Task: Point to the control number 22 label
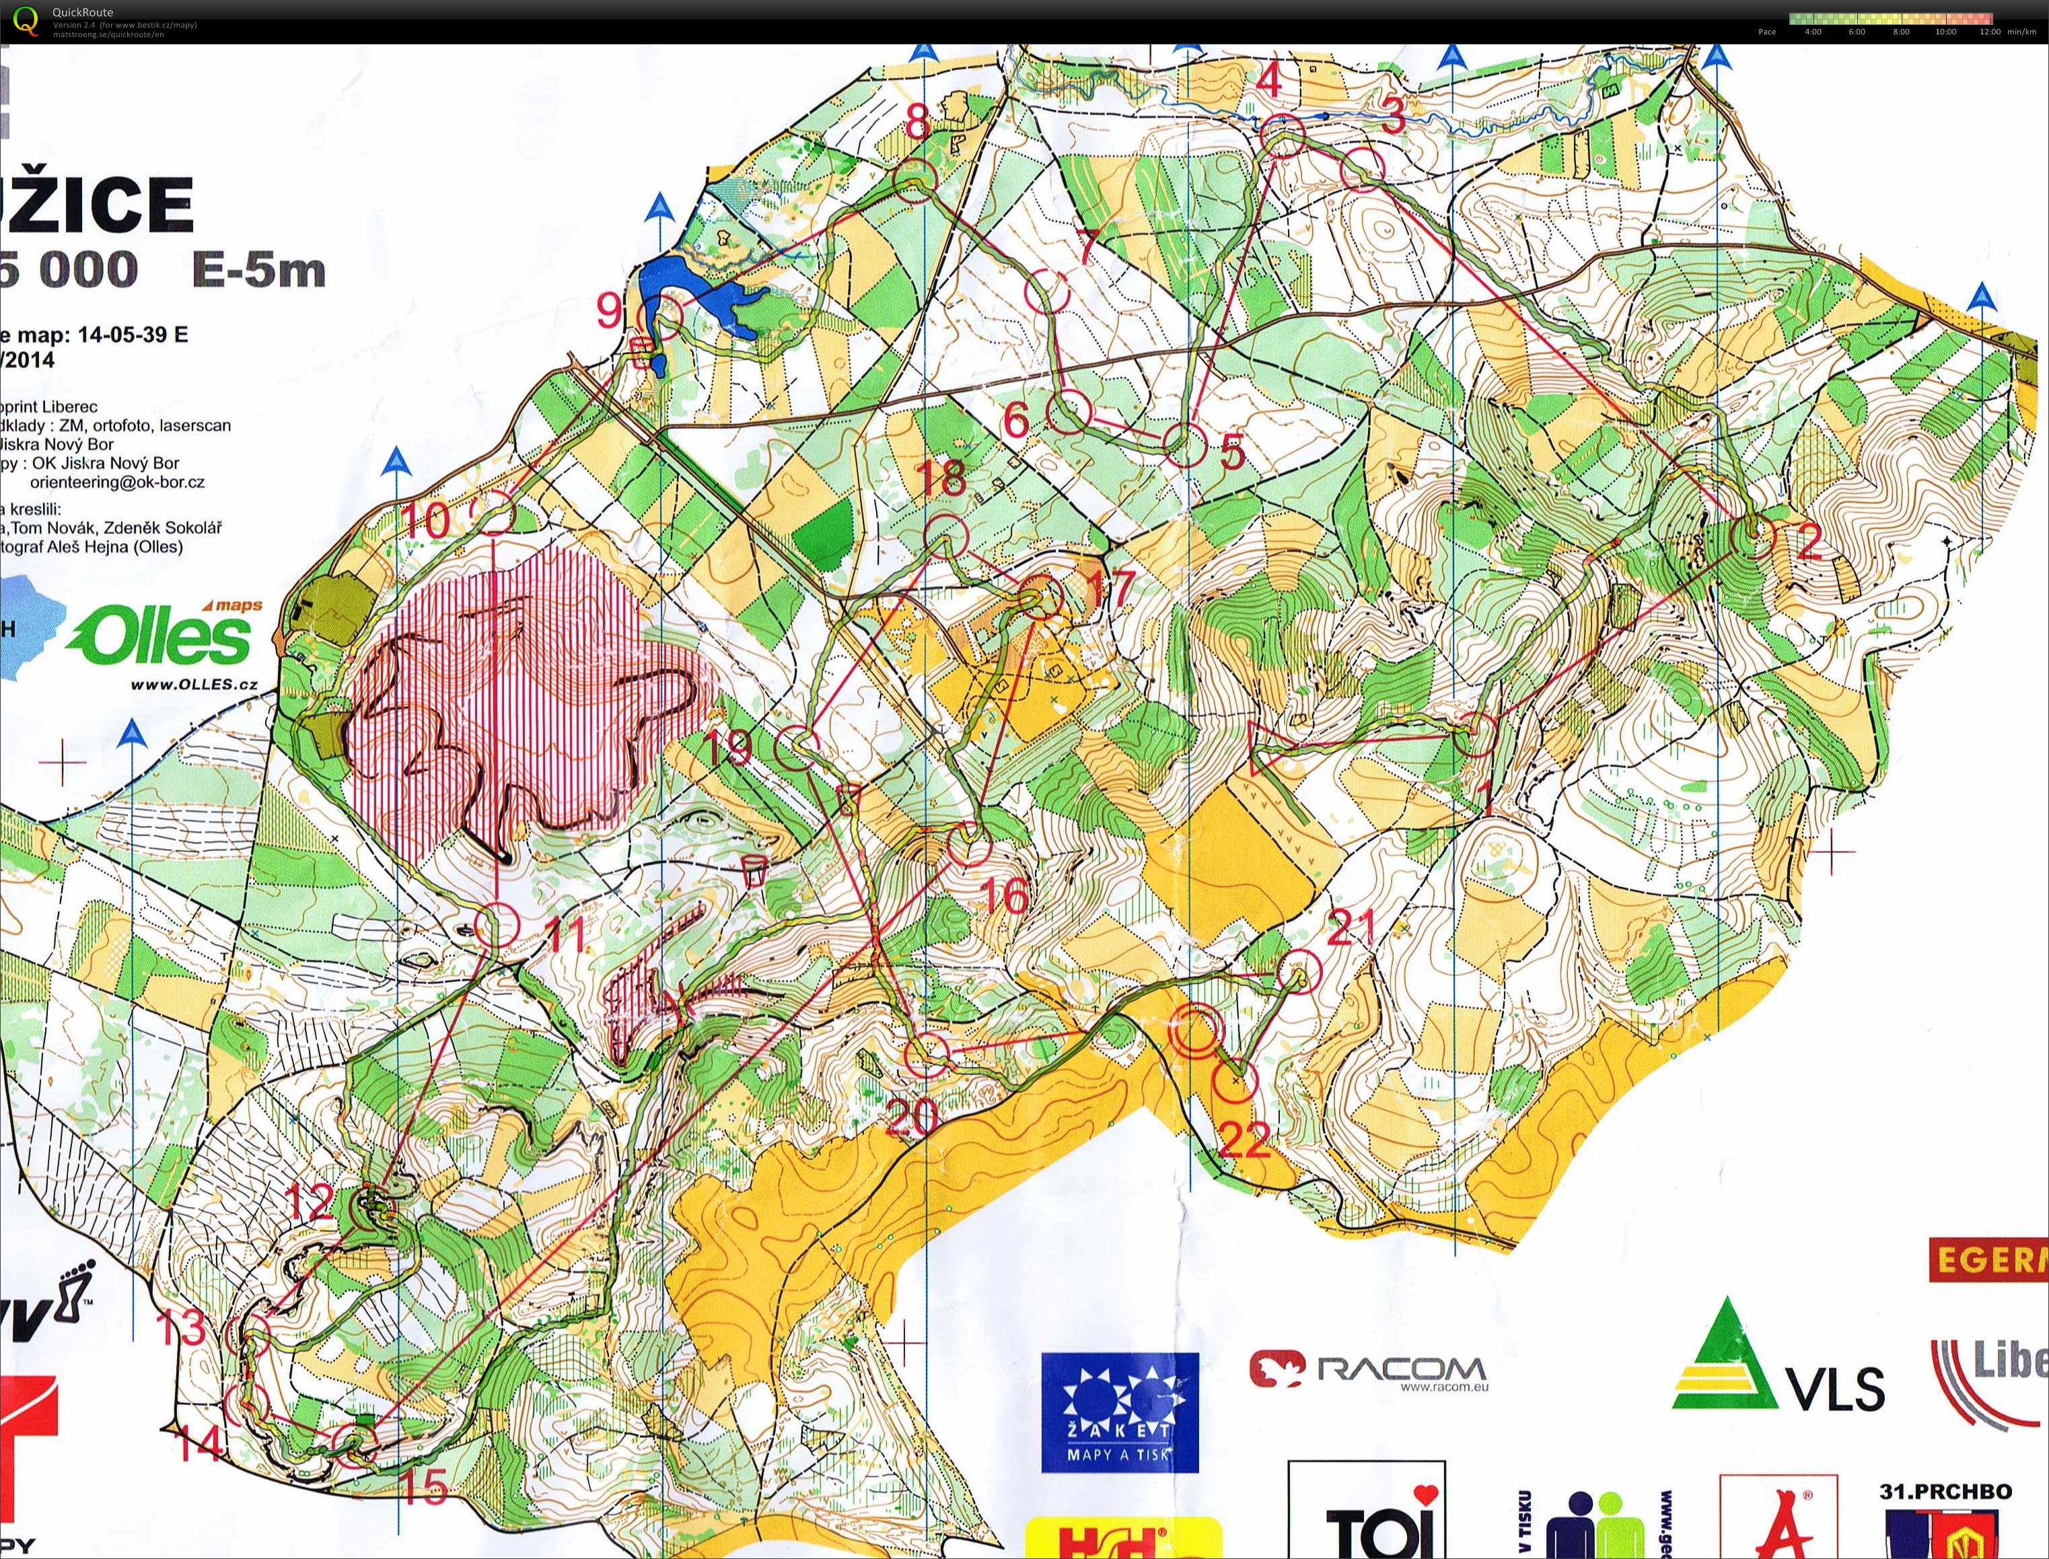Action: click(1243, 1140)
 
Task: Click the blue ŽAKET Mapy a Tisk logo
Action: click(1120, 1412)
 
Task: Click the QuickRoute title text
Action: click(83, 12)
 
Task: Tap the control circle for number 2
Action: click(1752, 536)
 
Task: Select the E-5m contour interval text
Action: click(259, 270)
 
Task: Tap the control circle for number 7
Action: click(1047, 289)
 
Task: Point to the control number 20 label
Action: click(911, 1117)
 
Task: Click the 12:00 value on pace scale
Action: click(1988, 32)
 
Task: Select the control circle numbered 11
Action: click(497, 925)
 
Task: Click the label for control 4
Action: click(1269, 81)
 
